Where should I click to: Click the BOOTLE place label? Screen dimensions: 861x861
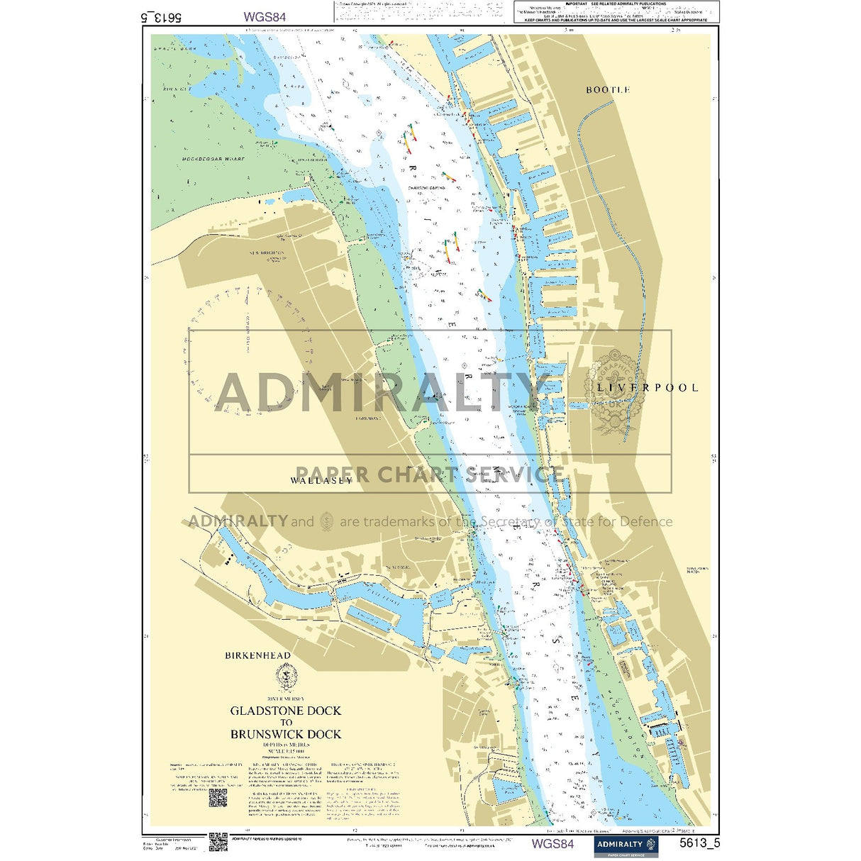608,90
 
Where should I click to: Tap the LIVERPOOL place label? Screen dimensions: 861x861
647,388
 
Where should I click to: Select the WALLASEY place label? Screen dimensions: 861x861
321,481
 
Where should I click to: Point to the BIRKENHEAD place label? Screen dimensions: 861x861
257,655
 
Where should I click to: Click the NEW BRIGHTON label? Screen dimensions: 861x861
266,252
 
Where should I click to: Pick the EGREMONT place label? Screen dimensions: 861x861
368,418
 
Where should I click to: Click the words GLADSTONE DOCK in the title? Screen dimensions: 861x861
285,711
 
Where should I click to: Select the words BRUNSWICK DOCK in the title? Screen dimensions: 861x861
285,734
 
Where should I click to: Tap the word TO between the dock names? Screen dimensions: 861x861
285,722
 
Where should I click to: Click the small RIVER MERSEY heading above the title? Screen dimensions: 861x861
285,699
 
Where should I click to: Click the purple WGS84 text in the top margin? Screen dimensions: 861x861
265,16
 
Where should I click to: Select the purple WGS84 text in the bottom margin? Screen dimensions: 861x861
552,844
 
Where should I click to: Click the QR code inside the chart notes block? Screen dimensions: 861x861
218,798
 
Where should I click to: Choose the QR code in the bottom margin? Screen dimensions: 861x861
218,842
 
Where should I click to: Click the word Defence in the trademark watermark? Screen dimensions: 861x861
645,522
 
